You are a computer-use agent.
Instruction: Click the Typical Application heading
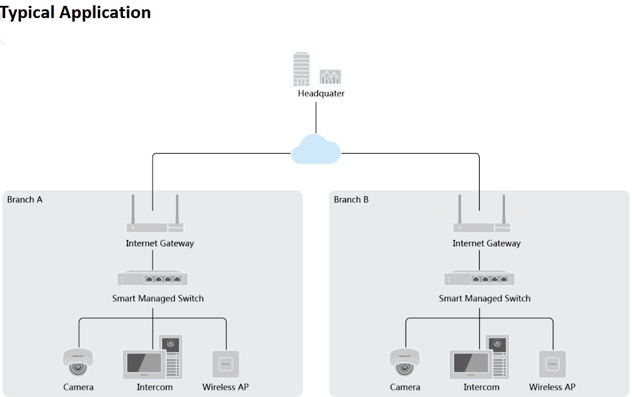75,12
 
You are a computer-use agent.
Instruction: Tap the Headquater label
321,93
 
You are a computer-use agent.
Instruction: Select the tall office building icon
301,69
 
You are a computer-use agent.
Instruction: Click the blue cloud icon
315,149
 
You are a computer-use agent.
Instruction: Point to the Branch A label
24,200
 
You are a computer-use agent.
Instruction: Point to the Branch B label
351,200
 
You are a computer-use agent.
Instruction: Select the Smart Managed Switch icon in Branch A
153,279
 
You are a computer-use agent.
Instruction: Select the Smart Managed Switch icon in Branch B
479,279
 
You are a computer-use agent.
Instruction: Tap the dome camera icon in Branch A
78,363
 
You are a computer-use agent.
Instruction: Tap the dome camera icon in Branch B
404,363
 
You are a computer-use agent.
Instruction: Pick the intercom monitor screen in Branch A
143,364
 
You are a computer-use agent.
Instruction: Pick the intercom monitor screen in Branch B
469,364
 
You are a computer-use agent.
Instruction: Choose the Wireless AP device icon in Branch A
226,364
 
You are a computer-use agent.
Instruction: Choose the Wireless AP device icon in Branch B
552,364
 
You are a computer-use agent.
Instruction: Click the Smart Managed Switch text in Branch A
158,298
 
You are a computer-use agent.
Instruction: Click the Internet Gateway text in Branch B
486,243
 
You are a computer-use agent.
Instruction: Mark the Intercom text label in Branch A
155,387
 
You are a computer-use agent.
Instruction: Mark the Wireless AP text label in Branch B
552,387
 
